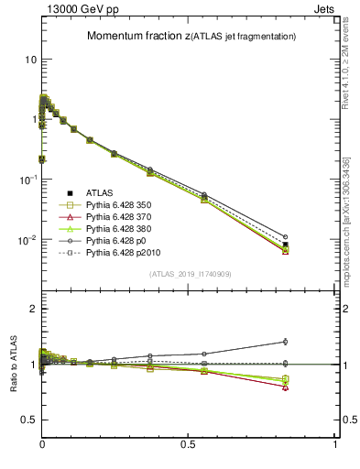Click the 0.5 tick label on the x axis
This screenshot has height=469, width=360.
pos(190,443)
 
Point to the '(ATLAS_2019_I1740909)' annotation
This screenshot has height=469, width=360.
pos(190,274)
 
